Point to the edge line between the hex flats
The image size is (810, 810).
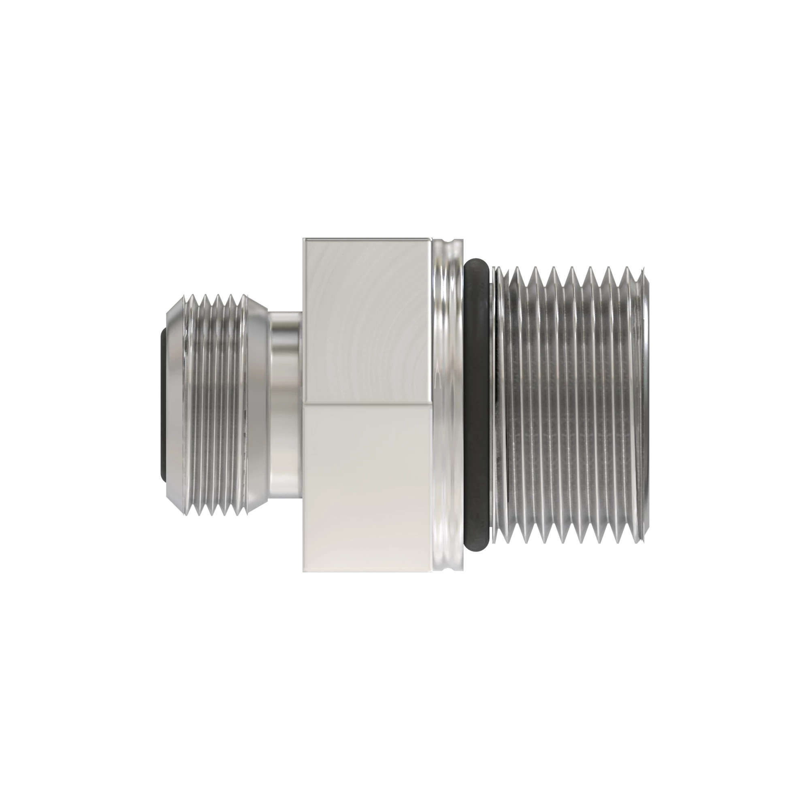pyautogui.click(x=367, y=404)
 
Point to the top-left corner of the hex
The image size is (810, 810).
pyautogui.click(x=304, y=239)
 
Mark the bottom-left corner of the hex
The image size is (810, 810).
pyautogui.click(x=304, y=572)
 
